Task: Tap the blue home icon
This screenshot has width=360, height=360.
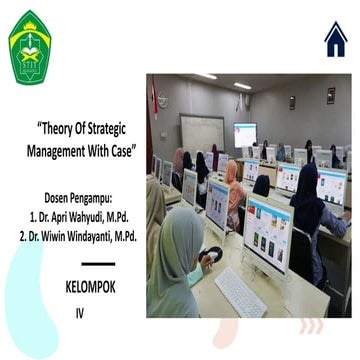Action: pyautogui.click(x=335, y=39)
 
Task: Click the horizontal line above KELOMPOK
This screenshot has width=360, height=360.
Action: pyautogui.click(x=90, y=264)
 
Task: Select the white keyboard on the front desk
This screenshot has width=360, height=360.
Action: pyautogui.click(x=239, y=291)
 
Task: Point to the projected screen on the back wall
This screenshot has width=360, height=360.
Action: pyautogui.click(x=245, y=134)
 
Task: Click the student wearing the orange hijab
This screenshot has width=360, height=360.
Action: pyautogui.click(x=232, y=181)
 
